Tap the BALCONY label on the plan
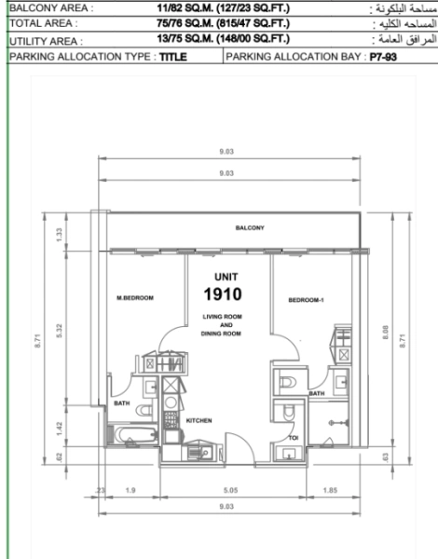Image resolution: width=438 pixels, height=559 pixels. coord(249,227)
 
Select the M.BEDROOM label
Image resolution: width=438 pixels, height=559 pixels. coord(134,298)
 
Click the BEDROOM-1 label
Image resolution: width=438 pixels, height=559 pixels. coord(306,300)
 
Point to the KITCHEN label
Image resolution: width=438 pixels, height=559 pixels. coord(199,421)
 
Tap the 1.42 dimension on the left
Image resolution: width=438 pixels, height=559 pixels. coord(59,428)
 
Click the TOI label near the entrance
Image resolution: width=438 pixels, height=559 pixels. coord(293,437)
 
